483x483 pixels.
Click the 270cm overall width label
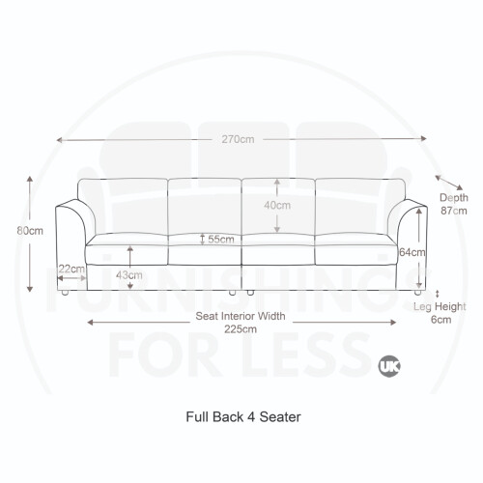point(238,139)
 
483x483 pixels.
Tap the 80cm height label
point(30,231)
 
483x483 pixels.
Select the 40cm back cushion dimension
point(277,205)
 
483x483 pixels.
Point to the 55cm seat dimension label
point(221,240)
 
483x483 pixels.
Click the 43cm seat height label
point(129,275)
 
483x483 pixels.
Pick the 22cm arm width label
point(71,269)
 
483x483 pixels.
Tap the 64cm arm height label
point(412,252)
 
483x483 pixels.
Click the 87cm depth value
point(454,211)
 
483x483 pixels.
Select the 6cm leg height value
point(440,320)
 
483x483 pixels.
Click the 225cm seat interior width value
point(241,329)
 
